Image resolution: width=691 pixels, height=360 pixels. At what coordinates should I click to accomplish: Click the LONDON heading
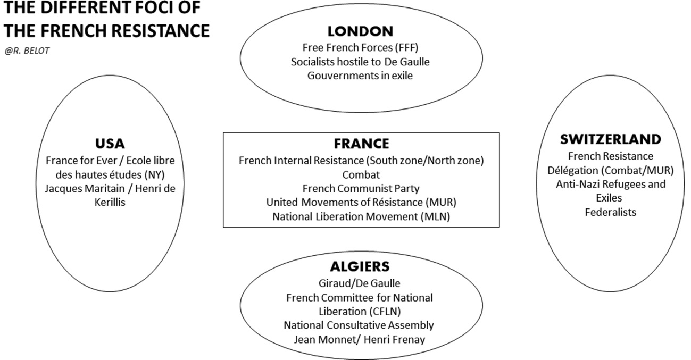[360, 31]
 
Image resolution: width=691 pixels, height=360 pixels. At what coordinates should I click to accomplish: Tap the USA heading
[110, 144]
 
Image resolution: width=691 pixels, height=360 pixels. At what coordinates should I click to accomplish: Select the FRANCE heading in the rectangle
[361, 144]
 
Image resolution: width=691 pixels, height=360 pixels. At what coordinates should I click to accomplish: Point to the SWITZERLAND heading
[610, 139]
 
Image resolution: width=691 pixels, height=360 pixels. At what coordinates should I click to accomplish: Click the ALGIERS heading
[360, 266]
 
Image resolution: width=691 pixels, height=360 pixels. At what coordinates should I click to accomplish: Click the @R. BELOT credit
[27, 51]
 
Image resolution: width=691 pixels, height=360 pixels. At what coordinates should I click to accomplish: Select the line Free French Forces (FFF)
[360, 47]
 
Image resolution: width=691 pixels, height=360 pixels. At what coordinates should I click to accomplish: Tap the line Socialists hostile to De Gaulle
[360, 62]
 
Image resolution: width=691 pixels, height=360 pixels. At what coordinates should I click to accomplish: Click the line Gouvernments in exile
[360, 76]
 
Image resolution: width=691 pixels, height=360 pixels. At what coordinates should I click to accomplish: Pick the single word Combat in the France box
[361, 174]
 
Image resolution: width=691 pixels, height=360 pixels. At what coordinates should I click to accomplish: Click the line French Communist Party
[361, 188]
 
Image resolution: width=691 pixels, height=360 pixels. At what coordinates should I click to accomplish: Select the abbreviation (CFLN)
[386, 311]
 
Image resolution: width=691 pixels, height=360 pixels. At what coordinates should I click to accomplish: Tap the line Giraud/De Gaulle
[360, 283]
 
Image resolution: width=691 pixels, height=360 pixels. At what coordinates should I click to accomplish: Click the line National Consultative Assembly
[359, 325]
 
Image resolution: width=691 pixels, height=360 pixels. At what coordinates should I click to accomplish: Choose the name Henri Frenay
[394, 339]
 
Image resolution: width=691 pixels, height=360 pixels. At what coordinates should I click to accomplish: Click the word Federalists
[610, 212]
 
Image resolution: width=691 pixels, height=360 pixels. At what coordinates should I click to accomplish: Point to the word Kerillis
[110, 203]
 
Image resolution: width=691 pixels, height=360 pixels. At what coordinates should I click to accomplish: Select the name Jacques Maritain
[85, 188]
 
